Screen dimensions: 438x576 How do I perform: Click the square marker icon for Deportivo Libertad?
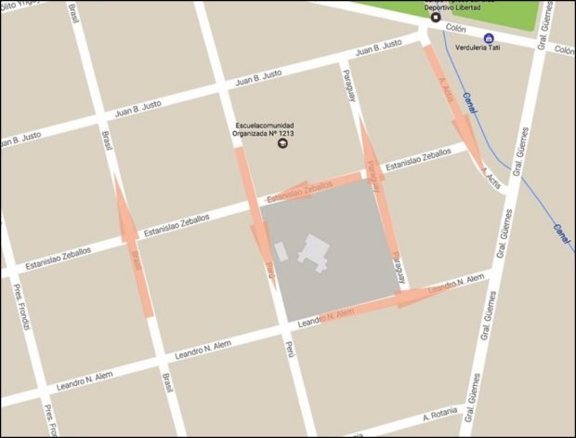point(436,17)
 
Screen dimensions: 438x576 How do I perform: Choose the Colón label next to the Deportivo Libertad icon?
point(455,29)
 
